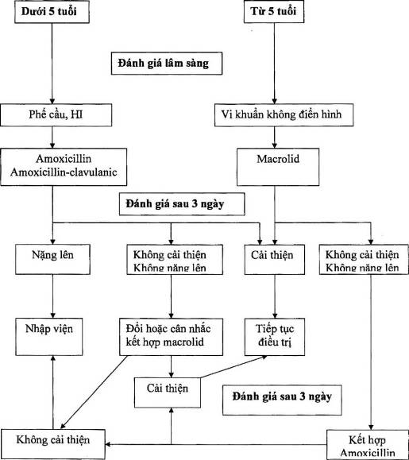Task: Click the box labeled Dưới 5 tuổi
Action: (x=52, y=12)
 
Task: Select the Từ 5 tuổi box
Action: (x=274, y=12)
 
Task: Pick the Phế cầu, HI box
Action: (x=56, y=115)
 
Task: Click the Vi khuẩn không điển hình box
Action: (x=284, y=115)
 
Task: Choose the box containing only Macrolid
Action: (x=278, y=167)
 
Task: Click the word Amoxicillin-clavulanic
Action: (x=64, y=172)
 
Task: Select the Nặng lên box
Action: (x=52, y=260)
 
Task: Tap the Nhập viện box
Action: (x=49, y=337)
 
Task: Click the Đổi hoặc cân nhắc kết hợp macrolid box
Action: (x=171, y=337)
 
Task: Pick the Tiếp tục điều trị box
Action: (x=275, y=337)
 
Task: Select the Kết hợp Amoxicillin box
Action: (x=368, y=445)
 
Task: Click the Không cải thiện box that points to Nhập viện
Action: (x=52, y=444)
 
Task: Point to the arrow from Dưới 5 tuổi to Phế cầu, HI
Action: (x=52, y=64)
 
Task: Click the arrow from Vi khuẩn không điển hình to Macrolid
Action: (x=275, y=137)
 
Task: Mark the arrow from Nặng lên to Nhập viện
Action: (x=52, y=296)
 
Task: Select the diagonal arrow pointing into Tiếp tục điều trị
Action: (x=233, y=367)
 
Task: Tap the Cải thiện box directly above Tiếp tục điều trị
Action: (x=275, y=260)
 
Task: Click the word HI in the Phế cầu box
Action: (x=77, y=114)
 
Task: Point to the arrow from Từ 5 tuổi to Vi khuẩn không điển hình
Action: (x=275, y=64)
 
